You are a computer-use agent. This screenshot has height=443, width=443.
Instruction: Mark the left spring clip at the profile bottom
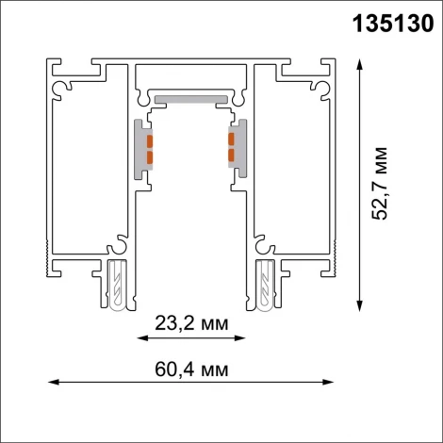coord(117,284)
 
